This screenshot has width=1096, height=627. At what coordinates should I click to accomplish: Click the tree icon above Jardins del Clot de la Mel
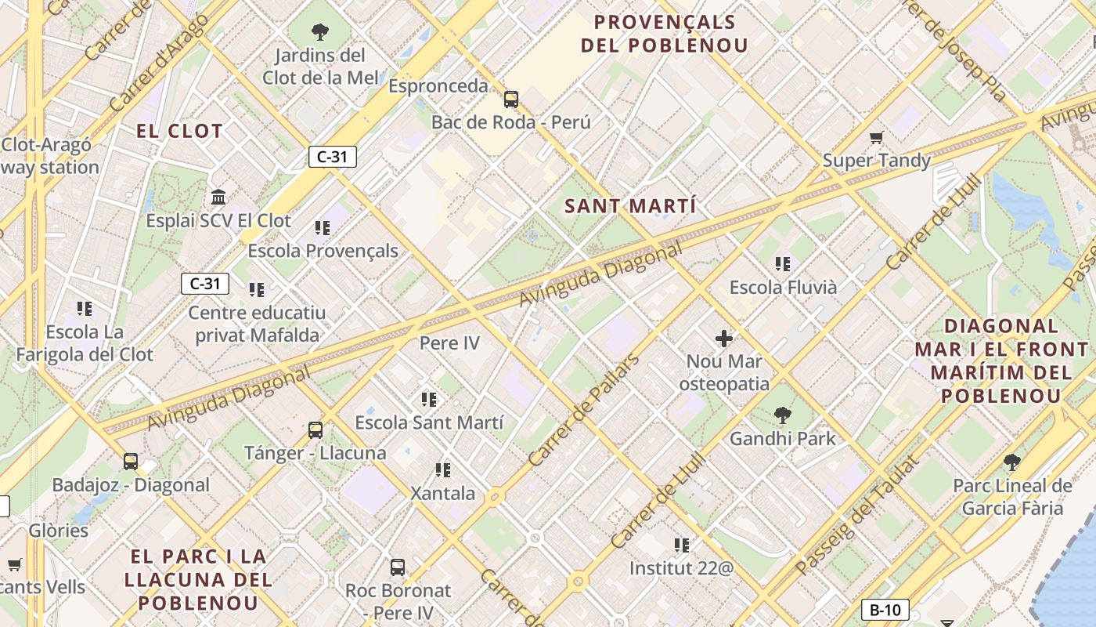(x=319, y=32)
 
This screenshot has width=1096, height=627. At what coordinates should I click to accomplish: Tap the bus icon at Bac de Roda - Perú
(x=511, y=100)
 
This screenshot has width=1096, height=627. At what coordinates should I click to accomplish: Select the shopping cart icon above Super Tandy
(x=876, y=138)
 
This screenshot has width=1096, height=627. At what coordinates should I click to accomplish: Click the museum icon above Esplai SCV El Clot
(x=218, y=197)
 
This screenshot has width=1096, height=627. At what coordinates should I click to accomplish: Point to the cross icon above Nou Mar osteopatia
(x=724, y=339)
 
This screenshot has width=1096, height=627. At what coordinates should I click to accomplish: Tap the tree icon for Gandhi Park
(x=782, y=415)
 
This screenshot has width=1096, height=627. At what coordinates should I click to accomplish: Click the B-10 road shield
(x=885, y=610)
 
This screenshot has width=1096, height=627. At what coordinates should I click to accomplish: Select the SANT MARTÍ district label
(x=630, y=207)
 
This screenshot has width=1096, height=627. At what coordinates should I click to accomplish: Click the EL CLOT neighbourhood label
(x=180, y=131)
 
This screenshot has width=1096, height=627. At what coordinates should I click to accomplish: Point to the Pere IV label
(x=449, y=342)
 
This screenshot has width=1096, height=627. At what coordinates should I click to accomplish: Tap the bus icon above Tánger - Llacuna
(x=315, y=430)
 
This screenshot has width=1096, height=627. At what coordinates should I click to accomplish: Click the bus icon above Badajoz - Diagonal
(x=131, y=462)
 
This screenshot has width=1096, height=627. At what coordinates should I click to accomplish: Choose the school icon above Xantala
(x=443, y=470)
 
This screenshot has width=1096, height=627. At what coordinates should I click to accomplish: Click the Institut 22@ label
(x=681, y=567)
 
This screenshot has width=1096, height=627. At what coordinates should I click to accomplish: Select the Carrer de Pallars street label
(x=583, y=411)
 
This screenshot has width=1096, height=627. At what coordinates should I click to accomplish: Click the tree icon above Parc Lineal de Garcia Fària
(x=1011, y=462)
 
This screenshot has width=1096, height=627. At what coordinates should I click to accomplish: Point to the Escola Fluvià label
(x=783, y=288)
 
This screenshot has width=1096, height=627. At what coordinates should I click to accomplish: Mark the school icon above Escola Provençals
(x=323, y=228)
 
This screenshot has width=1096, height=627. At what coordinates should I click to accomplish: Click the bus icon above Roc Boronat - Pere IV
(x=398, y=567)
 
